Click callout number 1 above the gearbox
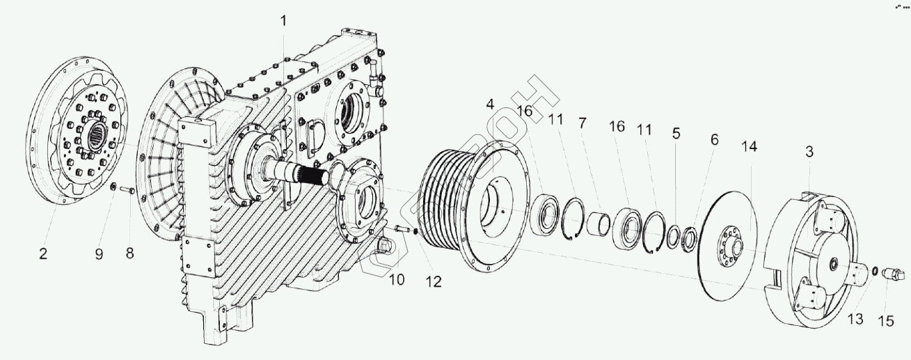click(283, 20)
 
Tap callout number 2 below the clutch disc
click(43, 254)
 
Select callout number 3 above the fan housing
click(809, 151)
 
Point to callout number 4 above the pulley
click(490, 105)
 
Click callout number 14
click(749, 148)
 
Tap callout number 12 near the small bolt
click(434, 281)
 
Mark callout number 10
click(396, 281)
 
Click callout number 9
click(99, 254)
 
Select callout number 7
click(582, 123)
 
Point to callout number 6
click(714, 139)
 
